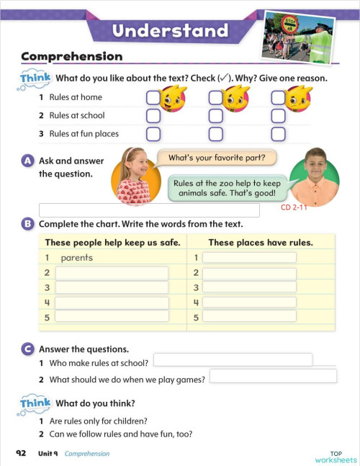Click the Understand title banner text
(x=170, y=30)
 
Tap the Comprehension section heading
(x=71, y=56)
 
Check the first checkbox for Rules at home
(x=153, y=97)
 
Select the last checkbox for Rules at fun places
(x=278, y=133)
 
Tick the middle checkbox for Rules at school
(x=215, y=115)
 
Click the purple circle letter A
(x=27, y=161)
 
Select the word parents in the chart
(x=77, y=258)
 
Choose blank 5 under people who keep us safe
(x=112, y=316)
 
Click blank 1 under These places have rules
(x=249, y=258)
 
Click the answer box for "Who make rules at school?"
(x=233, y=359)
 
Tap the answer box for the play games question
(x=273, y=376)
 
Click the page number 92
(x=21, y=454)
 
